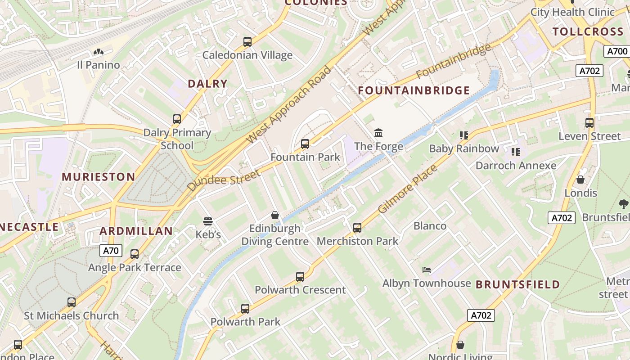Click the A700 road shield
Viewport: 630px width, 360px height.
pos(616,51)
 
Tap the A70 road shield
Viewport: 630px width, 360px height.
pos(111,251)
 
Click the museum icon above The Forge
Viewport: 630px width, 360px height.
pos(378,133)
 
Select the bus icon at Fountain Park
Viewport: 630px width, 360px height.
pos(305,144)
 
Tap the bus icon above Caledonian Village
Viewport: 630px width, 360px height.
pos(247,42)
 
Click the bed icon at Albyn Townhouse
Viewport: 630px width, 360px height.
pos(427,270)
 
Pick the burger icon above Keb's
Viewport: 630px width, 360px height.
pos(207,221)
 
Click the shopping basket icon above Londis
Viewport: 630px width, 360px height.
pos(580,180)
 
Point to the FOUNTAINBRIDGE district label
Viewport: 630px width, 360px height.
pos(414,90)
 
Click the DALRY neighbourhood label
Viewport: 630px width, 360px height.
pos(207,83)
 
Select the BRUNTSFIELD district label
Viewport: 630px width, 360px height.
pos(517,284)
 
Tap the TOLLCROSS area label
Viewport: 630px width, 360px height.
pos(588,31)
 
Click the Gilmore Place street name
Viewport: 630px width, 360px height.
pos(407,189)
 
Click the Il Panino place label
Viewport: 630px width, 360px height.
pos(98,65)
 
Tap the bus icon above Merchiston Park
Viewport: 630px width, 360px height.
pos(357,228)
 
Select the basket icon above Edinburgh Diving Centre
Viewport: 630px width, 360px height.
pos(274,216)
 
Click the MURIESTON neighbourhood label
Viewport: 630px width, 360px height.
pos(98,176)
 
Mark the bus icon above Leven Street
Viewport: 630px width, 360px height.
pos(589,122)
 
